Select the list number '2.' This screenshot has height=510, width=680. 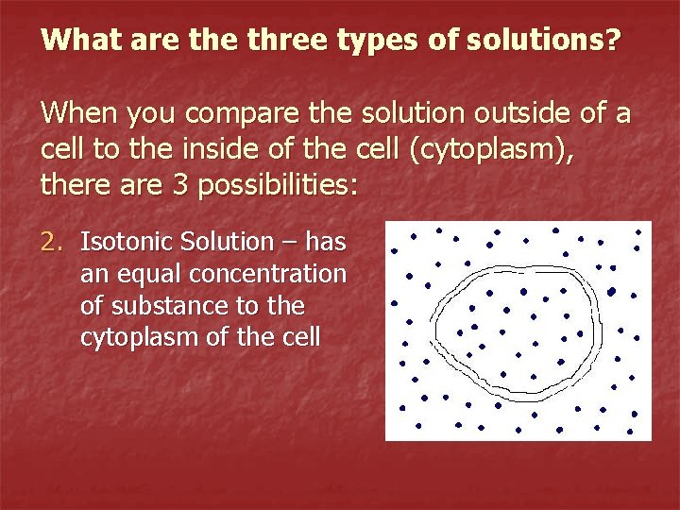[x=54, y=242]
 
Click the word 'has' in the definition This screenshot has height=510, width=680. [x=326, y=242]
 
